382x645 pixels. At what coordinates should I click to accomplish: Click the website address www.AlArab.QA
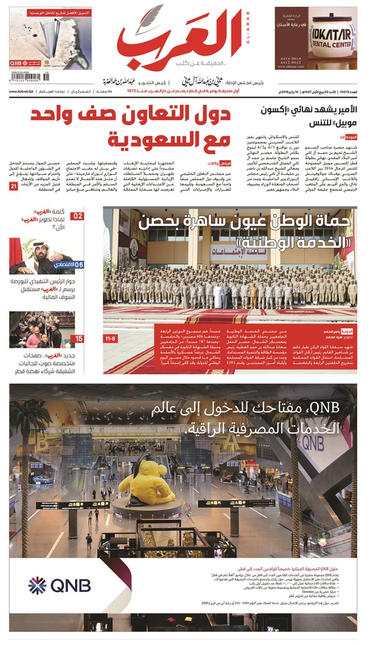24,92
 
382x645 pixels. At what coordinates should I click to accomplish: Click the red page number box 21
14,186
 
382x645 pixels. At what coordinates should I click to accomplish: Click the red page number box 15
77,338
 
